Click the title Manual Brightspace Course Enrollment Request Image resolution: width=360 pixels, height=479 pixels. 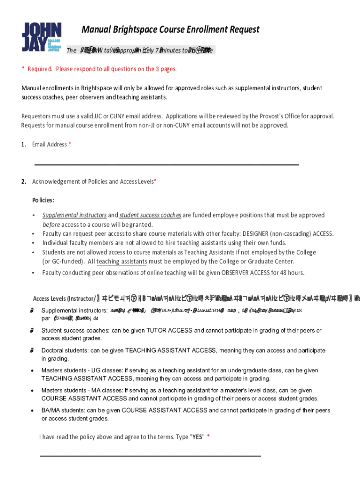pyautogui.click(x=170, y=30)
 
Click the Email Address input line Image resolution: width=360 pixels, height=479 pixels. pyautogui.click(x=167, y=164)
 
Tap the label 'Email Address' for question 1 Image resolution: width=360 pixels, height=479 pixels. pyautogui.click(x=50, y=145)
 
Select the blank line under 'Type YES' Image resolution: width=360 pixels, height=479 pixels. pyautogui.click(x=150, y=455)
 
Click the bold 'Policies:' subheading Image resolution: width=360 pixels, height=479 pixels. pyautogui.click(x=43, y=200)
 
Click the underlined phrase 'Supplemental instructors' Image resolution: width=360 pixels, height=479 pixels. pyautogui.click(x=74, y=215)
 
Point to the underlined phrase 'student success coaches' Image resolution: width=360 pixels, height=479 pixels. pyautogui.click(x=150, y=215)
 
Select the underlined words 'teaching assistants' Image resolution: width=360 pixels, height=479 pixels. pyautogui.click(x=122, y=261)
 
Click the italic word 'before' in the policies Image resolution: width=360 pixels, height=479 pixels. pyautogui.click(x=51, y=225)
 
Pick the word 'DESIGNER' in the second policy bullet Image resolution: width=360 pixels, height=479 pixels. pyautogui.click(x=259, y=233)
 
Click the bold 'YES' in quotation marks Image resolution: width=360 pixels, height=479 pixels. pyautogui.click(x=198, y=437)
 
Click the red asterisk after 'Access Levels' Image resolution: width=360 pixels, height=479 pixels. pyautogui.click(x=155, y=181)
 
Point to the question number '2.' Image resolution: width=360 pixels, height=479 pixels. pyautogui.click(x=24, y=181)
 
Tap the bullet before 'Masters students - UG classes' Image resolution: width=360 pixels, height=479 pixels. pyautogui.click(x=32, y=370)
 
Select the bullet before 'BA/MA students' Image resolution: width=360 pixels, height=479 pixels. pyautogui.click(x=32, y=411)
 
